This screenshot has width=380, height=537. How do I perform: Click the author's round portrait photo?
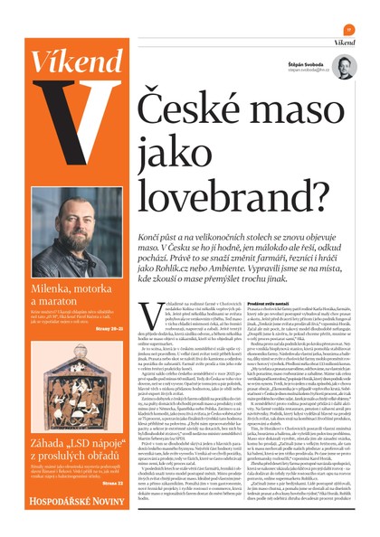pyautogui.click(x=344, y=66)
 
